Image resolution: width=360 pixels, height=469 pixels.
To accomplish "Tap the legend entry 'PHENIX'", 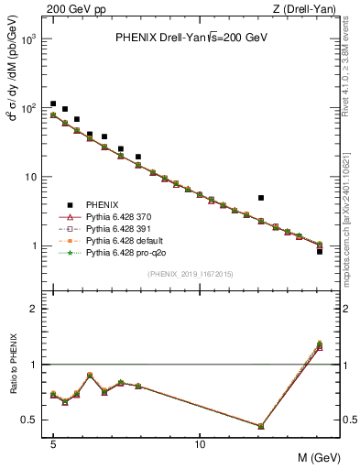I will pos(102,203).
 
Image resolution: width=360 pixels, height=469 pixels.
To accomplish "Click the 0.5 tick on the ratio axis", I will pos(30,420).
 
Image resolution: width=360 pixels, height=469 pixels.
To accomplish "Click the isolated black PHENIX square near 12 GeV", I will pos(261,198).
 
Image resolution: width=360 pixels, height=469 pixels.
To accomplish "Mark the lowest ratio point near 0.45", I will pos(261,426).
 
